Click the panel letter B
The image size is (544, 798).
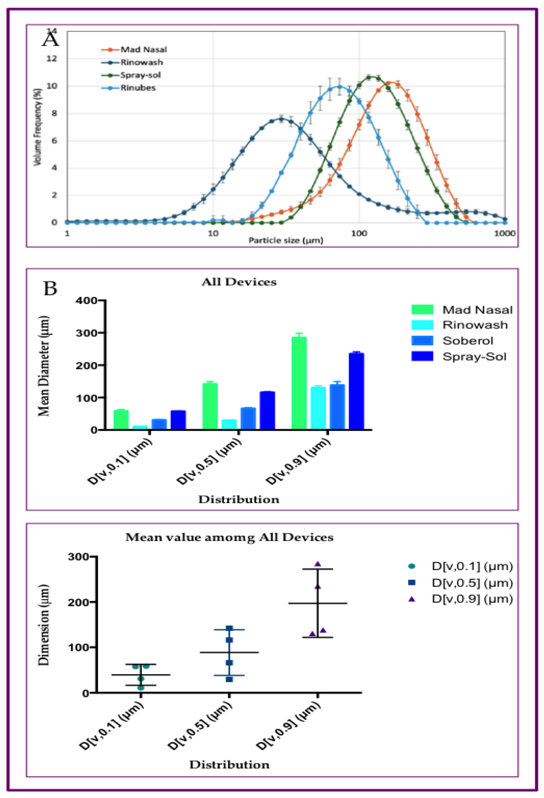(x=50, y=288)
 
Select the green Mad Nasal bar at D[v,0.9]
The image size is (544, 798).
(x=299, y=383)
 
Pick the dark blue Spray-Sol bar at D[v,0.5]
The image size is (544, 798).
(x=267, y=410)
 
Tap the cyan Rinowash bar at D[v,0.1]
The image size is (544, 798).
(x=140, y=428)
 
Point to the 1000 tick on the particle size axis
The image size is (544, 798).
(x=504, y=233)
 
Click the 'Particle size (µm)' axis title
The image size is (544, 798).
(x=285, y=240)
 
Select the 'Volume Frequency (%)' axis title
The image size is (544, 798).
(x=37, y=127)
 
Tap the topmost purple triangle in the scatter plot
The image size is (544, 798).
(x=317, y=564)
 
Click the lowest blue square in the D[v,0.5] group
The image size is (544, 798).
(x=229, y=679)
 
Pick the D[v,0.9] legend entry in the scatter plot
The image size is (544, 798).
(x=472, y=599)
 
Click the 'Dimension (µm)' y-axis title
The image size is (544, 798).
(x=44, y=625)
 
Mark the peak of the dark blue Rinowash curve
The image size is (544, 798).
(x=281, y=119)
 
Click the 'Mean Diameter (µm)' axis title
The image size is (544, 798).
(x=44, y=366)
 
